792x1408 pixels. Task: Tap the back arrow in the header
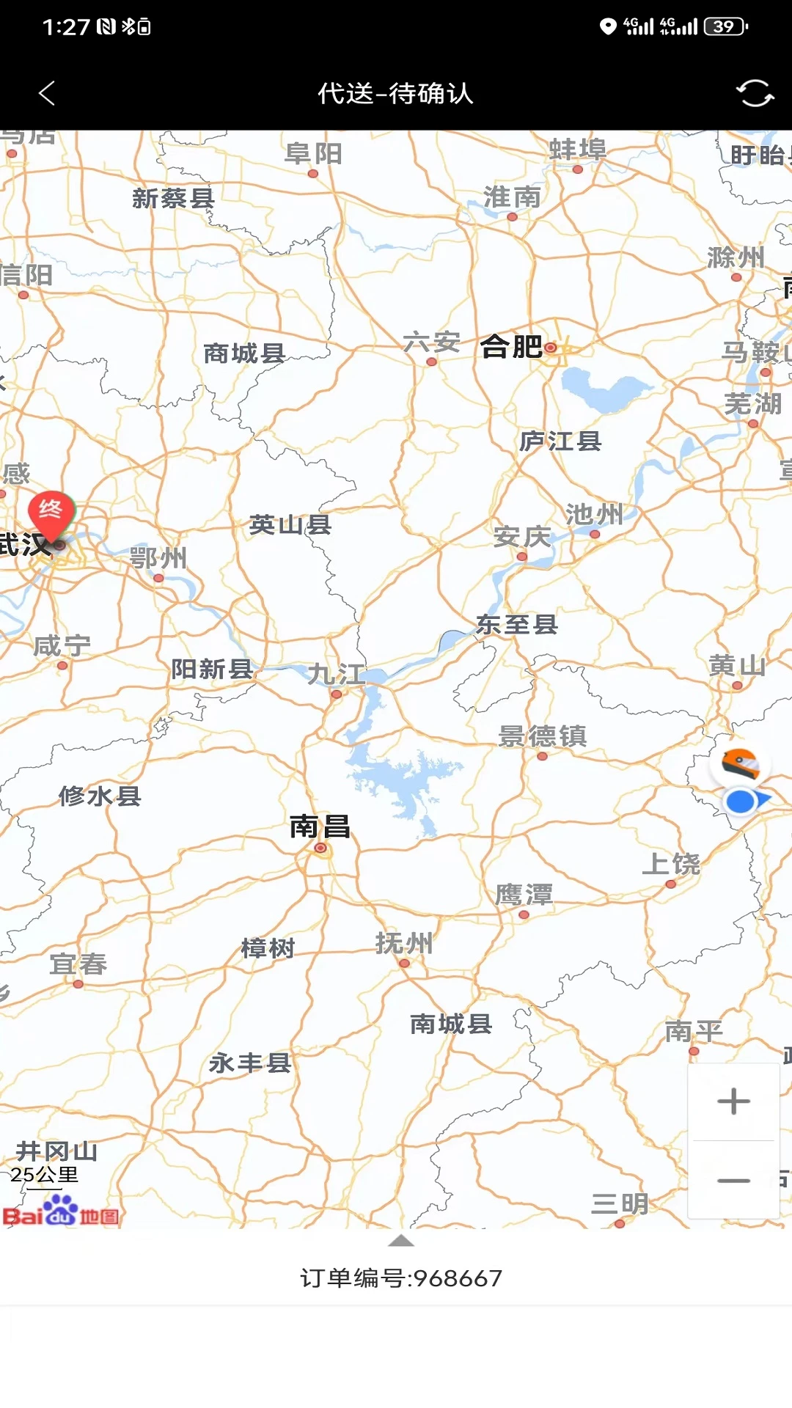pos(47,93)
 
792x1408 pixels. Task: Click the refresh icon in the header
pos(755,93)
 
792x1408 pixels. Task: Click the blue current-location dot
pos(741,802)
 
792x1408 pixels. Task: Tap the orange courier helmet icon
pos(739,763)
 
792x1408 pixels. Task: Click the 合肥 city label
pos(512,346)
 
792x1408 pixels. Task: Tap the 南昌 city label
pos(320,826)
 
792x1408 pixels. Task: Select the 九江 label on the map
pos(337,674)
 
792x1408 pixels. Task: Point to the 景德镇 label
pos(542,736)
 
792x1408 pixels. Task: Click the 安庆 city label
pos(521,537)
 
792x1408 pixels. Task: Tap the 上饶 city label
pos(671,864)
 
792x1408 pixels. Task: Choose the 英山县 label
pos(290,525)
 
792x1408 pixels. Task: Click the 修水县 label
pos(100,796)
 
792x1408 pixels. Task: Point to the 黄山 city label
pos(737,666)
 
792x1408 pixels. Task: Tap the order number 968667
pos(401,1278)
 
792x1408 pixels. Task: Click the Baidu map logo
pos(61,1211)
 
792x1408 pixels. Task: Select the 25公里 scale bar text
pos(44,1175)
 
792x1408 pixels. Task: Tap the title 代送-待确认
pos(395,93)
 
